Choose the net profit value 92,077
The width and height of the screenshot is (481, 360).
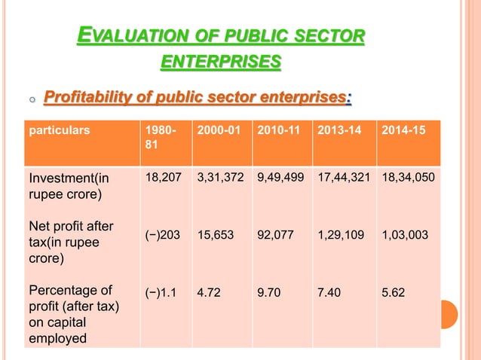276,235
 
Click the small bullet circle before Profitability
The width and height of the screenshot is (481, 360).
31,100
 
